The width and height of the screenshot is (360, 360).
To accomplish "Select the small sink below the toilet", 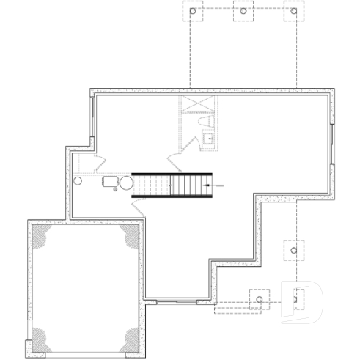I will [x=207, y=136].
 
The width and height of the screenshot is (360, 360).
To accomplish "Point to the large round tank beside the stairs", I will [x=126, y=183].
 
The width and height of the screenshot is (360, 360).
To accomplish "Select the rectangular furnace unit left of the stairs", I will [x=110, y=181].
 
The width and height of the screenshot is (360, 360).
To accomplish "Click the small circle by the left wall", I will [x=78, y=180].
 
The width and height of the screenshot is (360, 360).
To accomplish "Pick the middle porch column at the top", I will [x=243, y=12].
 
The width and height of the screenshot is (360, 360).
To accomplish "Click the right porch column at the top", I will [x=293, y=12].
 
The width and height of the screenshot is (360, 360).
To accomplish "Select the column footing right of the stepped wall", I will [x=293, y=250].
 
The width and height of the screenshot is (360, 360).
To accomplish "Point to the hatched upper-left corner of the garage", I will [x=41, y=236].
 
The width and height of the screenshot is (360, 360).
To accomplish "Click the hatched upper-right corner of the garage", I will [x=130, y=236].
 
